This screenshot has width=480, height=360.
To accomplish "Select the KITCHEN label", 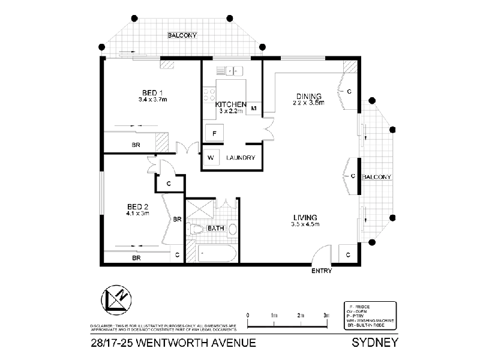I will click(228, 104).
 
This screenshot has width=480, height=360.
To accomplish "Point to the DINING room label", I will click(309, 96).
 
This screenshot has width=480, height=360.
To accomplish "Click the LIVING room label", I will click(305, 217).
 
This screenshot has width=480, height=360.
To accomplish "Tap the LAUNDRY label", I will click(241, 158).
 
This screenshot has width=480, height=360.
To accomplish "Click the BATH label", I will click(215, 229).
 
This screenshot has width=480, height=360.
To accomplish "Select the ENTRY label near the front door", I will click(322, 271).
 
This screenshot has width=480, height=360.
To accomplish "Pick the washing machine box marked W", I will click(211, 158).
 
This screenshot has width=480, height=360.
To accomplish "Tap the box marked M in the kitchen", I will click(254, 109).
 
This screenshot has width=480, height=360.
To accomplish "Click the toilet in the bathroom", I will click(197, 229).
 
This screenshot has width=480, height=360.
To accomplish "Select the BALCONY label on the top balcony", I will click(182, 35).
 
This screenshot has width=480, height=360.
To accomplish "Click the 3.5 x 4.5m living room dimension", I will click(305, 224).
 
